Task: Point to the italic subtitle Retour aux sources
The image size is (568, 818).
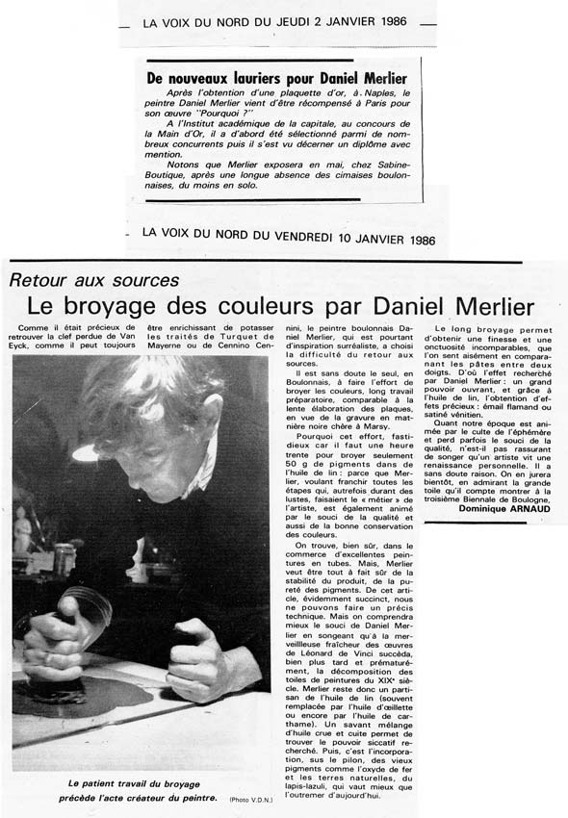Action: tap(94, 280)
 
